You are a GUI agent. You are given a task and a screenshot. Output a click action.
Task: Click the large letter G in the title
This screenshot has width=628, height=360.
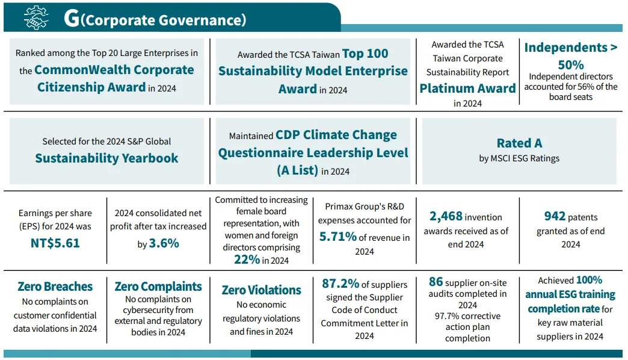click(71, 19)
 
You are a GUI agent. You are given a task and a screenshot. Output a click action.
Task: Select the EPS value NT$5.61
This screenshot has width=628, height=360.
click(55, 243)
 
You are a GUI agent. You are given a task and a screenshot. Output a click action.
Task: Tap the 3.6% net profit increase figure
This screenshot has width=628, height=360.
click(164, 244)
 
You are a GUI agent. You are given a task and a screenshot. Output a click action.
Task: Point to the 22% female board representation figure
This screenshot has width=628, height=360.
click(247, 259)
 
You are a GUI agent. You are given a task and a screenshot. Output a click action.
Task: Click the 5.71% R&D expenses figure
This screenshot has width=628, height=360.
click(338, 237)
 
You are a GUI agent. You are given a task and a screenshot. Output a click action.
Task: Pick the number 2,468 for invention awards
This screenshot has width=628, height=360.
click(446, 216)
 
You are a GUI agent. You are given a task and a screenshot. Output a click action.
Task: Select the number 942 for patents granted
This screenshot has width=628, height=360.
click(555, 216)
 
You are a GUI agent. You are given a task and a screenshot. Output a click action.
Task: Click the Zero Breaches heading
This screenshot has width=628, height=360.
click(55, 287)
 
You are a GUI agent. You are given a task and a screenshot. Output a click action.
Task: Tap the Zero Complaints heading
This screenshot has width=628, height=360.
click(158, 287)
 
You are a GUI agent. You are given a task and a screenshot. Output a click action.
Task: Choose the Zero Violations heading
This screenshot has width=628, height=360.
click(261, 290)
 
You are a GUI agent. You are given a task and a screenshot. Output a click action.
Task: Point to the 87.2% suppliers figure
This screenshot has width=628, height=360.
click(340, 284)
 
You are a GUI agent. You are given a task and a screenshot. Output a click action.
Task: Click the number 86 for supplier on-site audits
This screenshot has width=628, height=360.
click(436, 282)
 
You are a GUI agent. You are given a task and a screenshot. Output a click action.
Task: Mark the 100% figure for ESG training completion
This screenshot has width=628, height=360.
click(589, 280)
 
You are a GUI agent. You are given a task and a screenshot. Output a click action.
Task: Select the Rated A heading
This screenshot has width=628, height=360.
click(519, 143)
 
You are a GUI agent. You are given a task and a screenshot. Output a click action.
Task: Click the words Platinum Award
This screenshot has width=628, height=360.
click(467, 88)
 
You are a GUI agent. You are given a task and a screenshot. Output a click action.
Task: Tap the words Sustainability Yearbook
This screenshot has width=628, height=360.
click(106, 158)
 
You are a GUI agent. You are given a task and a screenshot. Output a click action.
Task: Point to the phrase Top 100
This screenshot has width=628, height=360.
click(365, 54)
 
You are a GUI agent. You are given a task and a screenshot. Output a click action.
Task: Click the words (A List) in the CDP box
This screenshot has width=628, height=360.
click(297, 170)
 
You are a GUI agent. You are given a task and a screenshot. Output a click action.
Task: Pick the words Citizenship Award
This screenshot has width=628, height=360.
click(91, 87)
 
